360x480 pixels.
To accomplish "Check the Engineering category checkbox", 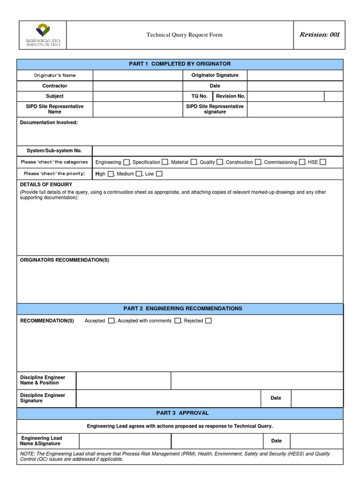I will click(127, 162).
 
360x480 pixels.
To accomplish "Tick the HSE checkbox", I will click(323, 162).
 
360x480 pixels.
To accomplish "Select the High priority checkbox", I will click(111, 174).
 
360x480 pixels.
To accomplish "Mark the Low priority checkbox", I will click(159, 174).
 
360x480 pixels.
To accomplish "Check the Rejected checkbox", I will click(208, 321).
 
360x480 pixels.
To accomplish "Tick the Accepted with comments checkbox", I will click(178, 321).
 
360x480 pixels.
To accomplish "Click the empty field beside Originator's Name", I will click(137, 75).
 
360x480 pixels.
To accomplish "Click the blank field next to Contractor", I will click(137, 86).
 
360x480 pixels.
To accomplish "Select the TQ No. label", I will click(200, 97).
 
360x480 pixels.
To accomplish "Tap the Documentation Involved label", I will click(49, 122).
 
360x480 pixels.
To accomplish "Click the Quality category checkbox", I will click(219, 162).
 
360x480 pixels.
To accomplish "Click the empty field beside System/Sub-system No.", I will click(217, 151).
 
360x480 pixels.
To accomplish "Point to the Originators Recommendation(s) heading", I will click(64, 260).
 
